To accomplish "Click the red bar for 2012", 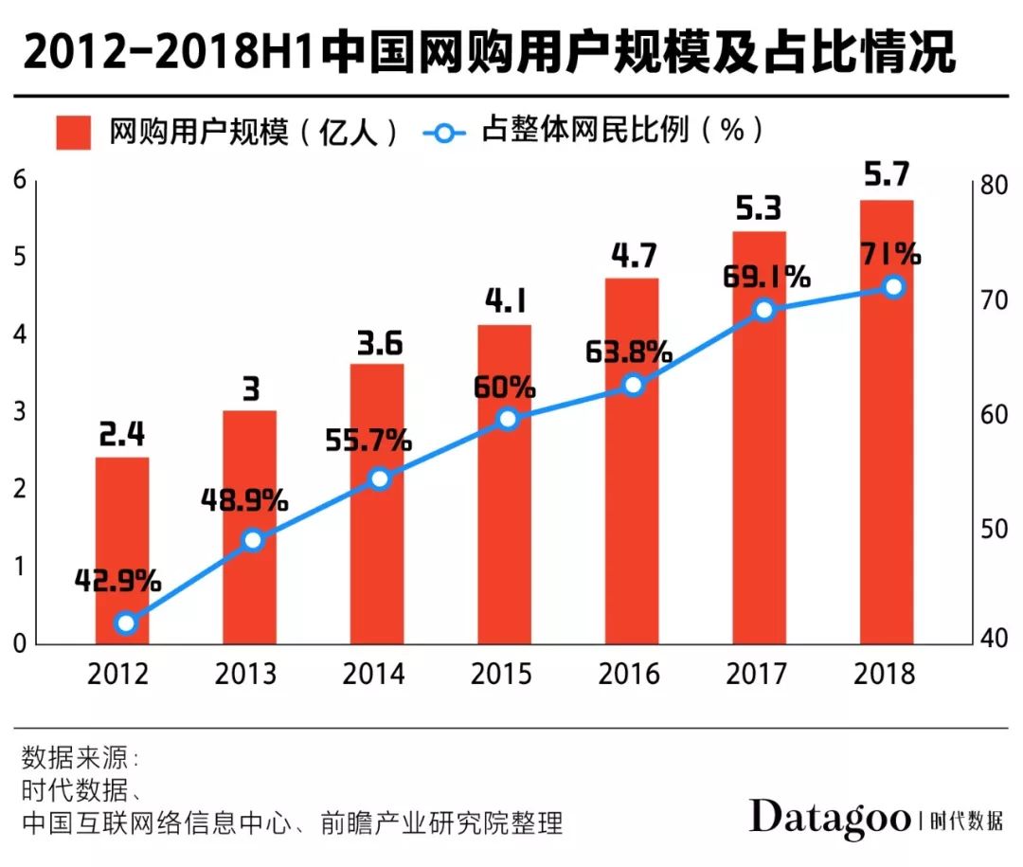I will coord(122,550).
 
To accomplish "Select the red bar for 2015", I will coord(504,483).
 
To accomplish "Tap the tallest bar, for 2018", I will coord(887,422).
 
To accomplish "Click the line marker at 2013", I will coord(252,540).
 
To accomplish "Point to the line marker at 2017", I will coord(763,310).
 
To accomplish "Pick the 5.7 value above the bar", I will coord(887,174).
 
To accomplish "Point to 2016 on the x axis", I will coord(631,674).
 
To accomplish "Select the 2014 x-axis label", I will coord(376,674).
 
